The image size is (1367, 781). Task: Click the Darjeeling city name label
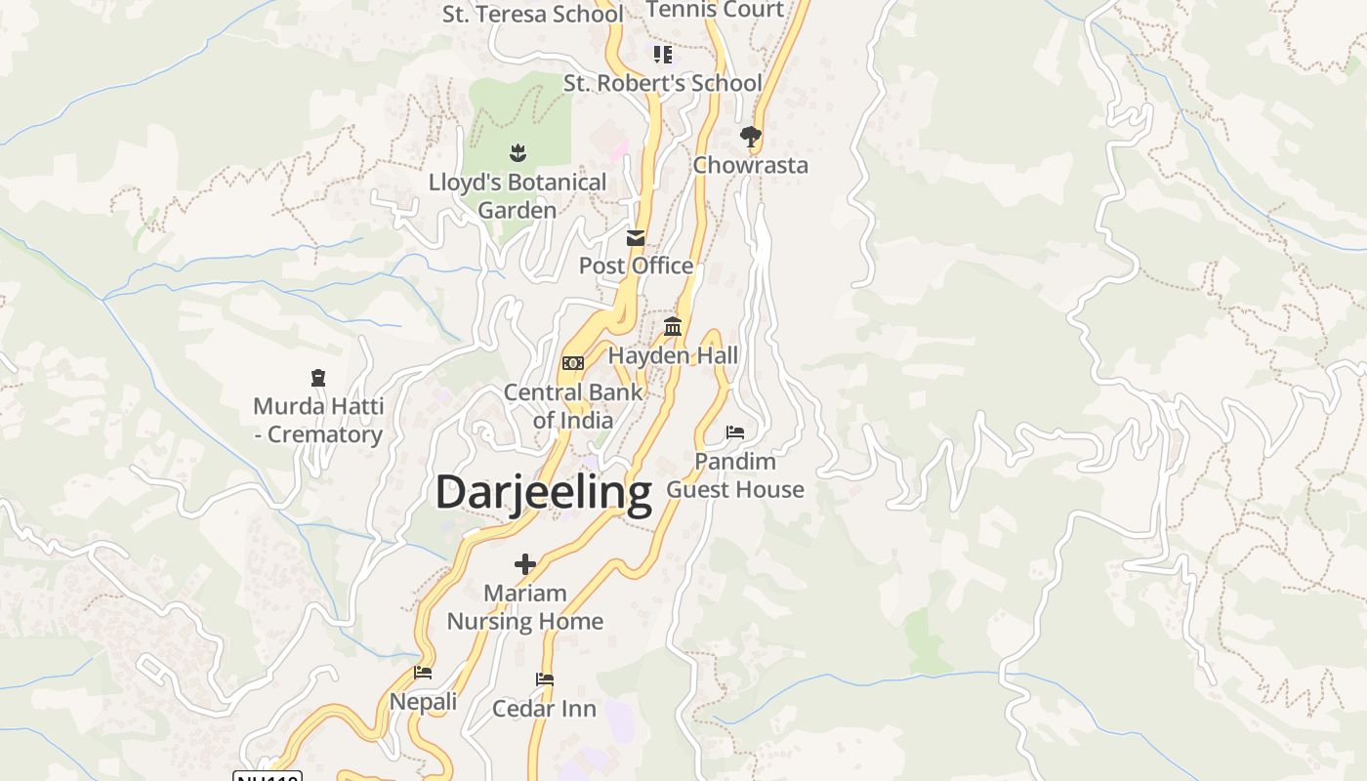pos(543,492)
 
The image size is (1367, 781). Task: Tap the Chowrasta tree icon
pos(750,137)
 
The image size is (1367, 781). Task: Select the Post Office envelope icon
pos(636,237)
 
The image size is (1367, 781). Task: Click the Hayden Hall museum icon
pos(673,326)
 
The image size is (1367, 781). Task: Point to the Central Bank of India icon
pos(573,363)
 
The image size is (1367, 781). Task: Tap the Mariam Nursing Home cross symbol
pos(525,564)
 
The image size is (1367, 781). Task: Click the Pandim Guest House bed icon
pos(735,432)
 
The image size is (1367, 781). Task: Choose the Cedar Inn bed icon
pos(545,679)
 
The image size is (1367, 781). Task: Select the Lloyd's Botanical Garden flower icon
pos(518,152)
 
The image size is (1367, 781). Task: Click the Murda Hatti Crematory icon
pos(317,377)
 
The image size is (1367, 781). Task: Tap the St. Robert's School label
pos(662,83)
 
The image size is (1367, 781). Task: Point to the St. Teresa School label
pos(532,14)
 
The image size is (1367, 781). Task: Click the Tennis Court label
pos(715,10)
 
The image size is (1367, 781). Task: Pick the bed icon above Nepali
pos(423,672)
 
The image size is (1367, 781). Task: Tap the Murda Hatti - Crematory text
pos(318,420)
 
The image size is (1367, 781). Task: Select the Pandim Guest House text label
pos(735,475)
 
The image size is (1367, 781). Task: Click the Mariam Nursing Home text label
pos(525,607)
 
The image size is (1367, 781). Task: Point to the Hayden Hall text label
pos(673,355)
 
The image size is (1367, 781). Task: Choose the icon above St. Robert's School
pos(663,54)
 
